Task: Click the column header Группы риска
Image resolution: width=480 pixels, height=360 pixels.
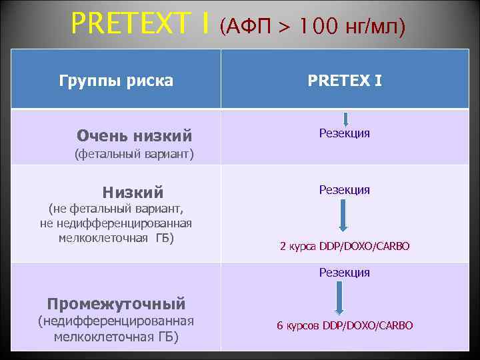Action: pos(116,81)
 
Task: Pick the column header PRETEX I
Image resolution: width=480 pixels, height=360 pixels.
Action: pos(345,81)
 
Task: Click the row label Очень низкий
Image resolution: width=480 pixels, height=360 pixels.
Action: pos(134,136)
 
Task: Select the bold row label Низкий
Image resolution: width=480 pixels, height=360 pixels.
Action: pos(133,193)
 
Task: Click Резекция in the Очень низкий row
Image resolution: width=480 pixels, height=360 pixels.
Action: pos(344,133)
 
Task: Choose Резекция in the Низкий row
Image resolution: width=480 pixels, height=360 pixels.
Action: pos(344,190)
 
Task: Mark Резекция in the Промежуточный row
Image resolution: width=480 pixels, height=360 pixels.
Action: pos(344,272)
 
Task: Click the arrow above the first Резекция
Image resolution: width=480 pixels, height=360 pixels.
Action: pos(345,119)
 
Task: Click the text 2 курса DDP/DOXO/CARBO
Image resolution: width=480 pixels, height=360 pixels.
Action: pos(345,247)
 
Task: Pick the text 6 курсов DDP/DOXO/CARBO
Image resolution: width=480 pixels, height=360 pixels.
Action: pos(345,325)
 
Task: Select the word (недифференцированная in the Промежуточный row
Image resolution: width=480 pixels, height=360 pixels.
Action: pos(116,321)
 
